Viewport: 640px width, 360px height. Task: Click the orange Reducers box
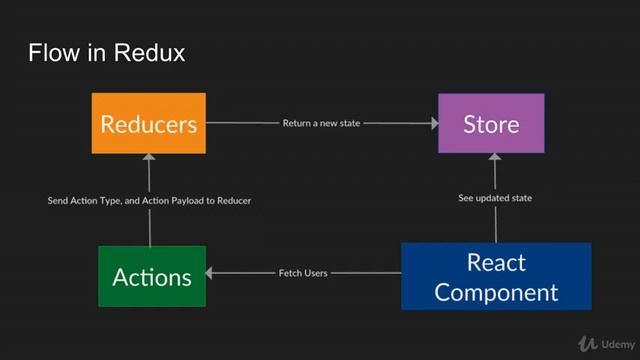point(148,123)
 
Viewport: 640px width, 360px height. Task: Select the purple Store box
point(491,123)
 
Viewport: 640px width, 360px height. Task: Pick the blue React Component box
point(496,276)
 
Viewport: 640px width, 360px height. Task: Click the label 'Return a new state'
point(321,123)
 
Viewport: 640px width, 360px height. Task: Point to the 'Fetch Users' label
point(302,273)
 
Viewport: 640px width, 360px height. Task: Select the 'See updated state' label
point(494,198)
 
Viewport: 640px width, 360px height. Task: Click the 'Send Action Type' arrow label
point(149,200)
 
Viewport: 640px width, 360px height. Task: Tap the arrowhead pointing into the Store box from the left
point(433,123)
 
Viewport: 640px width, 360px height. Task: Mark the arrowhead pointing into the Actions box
point(211,273)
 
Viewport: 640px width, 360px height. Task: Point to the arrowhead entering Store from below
point(493,158)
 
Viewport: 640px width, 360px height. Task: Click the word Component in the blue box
point(496,292)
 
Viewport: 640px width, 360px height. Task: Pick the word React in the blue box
point(496,262)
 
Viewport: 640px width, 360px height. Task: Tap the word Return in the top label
point(297,123)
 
